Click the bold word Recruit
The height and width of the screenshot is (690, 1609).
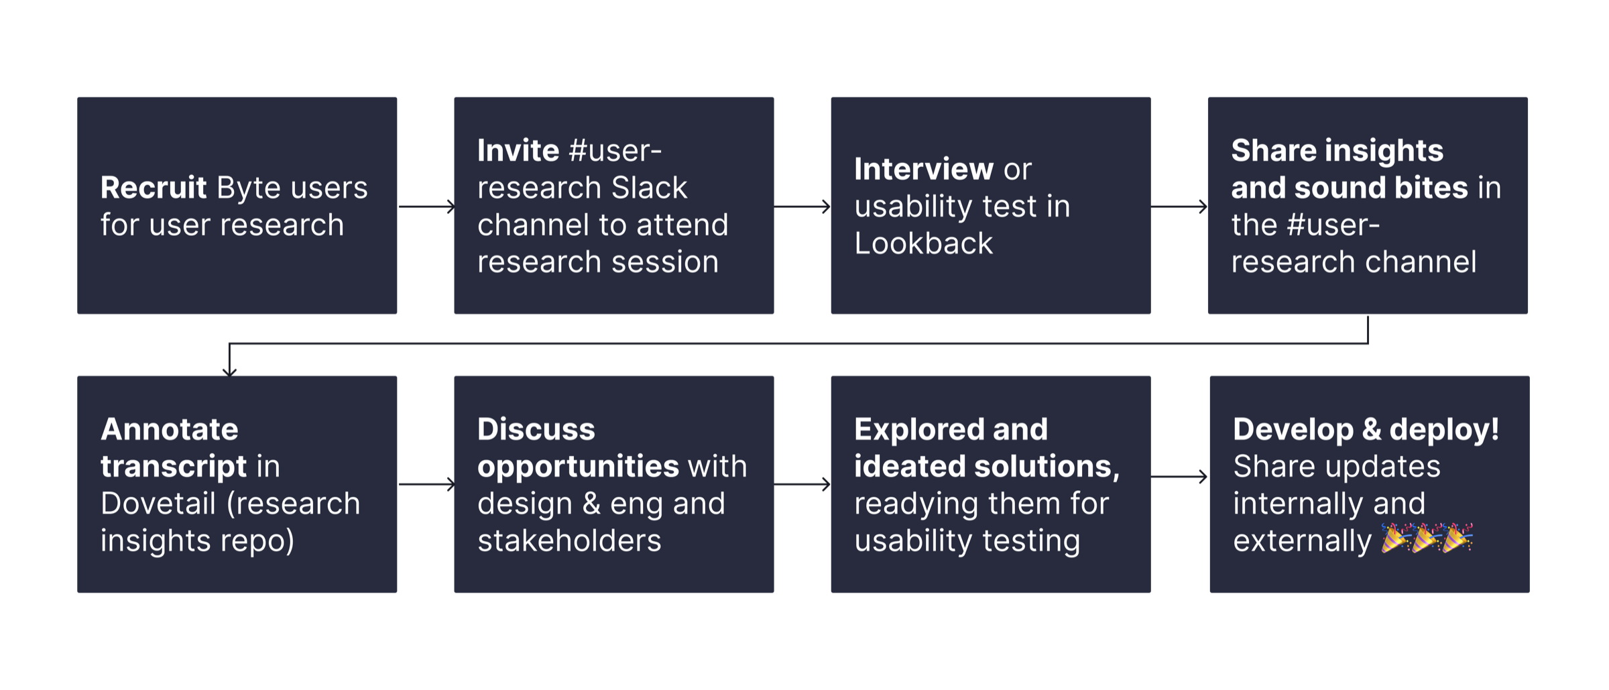(x=154, y=188)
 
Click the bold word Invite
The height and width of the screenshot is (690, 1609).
(x=518, y=151)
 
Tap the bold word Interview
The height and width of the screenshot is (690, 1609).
(x=923, y=169)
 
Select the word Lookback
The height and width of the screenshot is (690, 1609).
(x=923, y=243)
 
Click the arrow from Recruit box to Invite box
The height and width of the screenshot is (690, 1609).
(x=426, y=207)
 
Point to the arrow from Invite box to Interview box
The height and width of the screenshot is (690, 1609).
(x=802, y=207)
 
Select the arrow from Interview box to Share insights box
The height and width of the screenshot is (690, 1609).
(x=1179, y=207)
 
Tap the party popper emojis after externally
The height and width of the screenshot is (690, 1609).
(x=1427, y=538)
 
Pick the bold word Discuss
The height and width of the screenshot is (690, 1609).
(x=536, y=430)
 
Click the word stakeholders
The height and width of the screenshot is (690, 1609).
(x=569, y=541)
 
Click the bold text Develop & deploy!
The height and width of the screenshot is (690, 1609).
(x=1366, y=430)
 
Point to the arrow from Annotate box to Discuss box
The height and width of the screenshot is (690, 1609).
(x=426, y=484)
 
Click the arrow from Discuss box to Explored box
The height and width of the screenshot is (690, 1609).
(x=802, y=484)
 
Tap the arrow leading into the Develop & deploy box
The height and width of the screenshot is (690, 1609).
(x=1179, y=477)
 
